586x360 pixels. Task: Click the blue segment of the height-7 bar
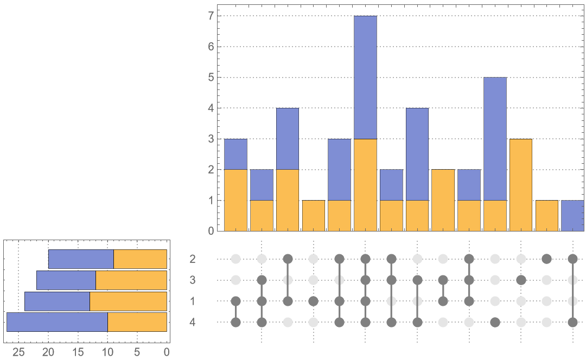[365, 78]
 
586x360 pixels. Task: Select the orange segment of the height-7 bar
[365, 185]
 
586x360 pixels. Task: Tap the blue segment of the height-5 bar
[495, 139]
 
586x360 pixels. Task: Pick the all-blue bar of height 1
[573, 216]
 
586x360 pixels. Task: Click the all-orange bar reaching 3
[521, 185]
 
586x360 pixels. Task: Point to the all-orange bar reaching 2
[443, 200]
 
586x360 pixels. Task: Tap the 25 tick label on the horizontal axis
[19, 352]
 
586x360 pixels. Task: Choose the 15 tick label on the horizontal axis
[78, 352]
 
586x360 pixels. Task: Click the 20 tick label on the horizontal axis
[48, 352]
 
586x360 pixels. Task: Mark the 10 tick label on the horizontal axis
[107, 352]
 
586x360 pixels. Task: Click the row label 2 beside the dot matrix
[193, 259]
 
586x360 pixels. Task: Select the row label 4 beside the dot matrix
[193, 323]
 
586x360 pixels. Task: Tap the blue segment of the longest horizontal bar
[57, 322]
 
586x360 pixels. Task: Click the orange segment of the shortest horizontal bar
[140, 259]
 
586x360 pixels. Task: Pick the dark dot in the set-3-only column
[521, 280]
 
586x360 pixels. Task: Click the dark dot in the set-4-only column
[495, 323]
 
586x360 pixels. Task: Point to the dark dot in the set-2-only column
[547, 259]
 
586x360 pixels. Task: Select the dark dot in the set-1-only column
[313, 301]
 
